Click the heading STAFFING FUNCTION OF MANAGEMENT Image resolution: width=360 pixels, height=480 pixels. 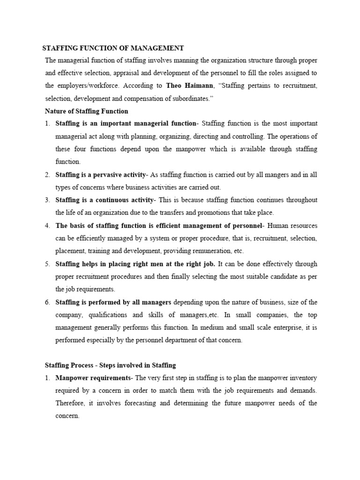coord(113,48)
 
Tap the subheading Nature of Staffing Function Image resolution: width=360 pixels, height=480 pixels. coord(86,111)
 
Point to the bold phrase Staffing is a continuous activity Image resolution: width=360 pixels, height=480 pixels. coord(104,200)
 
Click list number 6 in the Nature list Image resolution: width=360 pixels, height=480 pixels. coord(47,301)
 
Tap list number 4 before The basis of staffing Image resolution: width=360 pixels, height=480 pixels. coord(47,225)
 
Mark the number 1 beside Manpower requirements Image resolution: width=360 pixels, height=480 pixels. coord(47,377)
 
